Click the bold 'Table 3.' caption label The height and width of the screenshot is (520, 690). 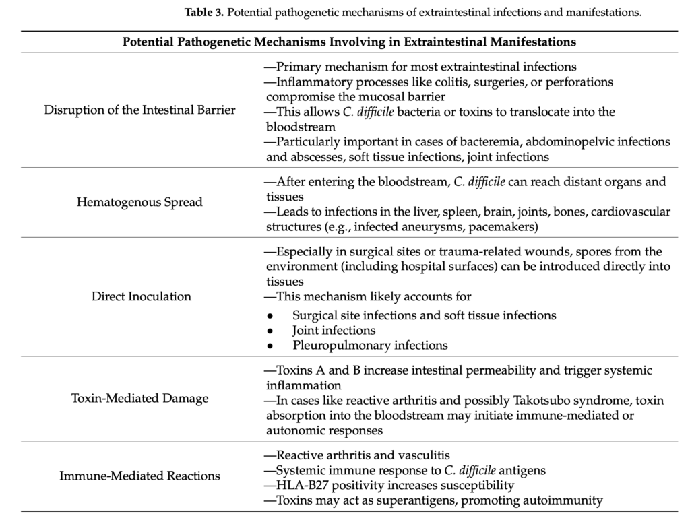(x=203, y=12)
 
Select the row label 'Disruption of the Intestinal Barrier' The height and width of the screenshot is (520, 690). (x=140, y=110)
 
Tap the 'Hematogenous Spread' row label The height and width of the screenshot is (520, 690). (x=140, y=202)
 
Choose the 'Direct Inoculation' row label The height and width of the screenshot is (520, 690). (x=142, y=296)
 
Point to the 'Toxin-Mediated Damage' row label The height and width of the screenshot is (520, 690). (x=140, y=398)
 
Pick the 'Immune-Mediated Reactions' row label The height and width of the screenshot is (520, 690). (x=140, y=476)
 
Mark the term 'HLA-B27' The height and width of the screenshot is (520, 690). (x=299, y=485)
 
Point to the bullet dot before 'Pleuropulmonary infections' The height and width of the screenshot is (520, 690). (x=270, y=346)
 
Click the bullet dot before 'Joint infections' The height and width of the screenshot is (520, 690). (x=270, y=331)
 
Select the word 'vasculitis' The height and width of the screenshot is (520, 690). (x=425, y=455)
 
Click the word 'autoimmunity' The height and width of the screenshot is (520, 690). (x=568, y=500)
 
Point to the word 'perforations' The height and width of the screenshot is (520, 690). (x=579, y=82)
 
